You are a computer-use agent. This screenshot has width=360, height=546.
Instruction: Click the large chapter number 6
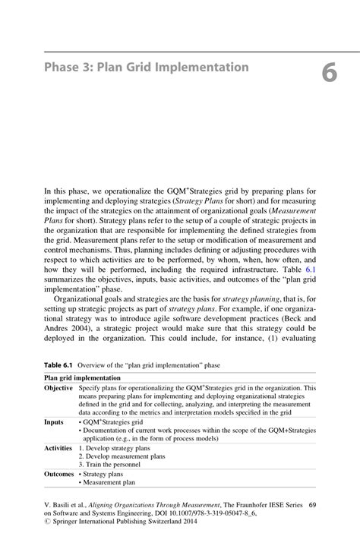point(328,73)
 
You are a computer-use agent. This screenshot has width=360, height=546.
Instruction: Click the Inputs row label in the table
point(54,422)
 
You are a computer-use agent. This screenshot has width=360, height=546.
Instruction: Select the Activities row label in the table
point(58,448)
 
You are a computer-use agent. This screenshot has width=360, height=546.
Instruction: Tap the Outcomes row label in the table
point(58,474)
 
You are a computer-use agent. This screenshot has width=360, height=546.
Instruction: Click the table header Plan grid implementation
point(82,377)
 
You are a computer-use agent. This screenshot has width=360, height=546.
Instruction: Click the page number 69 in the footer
point(312,505)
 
